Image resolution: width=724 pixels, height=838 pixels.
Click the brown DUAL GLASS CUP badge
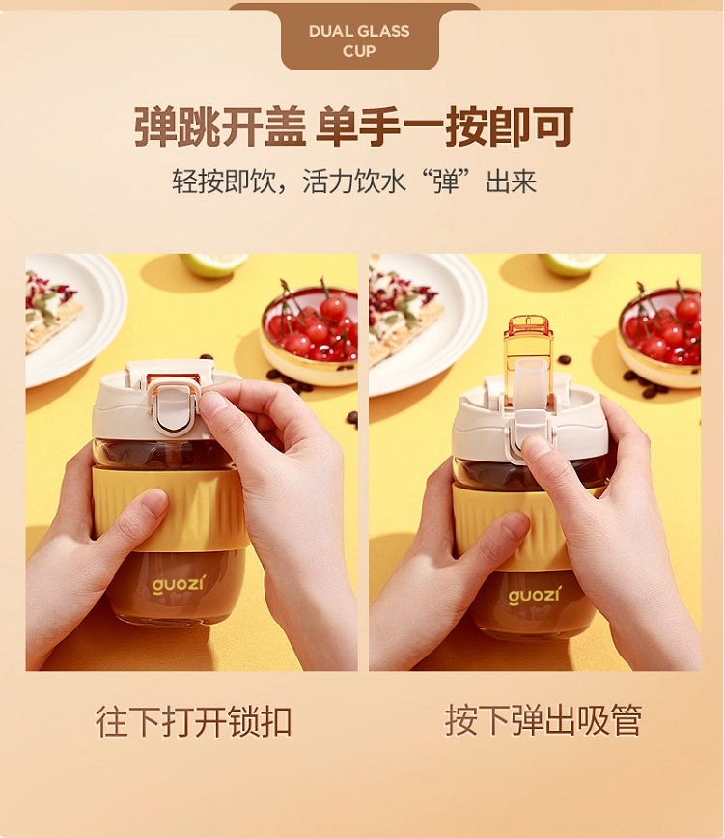(360, 40)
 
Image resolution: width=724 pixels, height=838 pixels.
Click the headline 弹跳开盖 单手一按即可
(353, 127)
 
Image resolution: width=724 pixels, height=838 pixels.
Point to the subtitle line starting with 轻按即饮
(353, 182)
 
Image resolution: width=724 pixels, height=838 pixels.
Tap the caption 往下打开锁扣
(193, 721)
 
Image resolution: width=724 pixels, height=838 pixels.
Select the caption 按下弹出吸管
(543, 721)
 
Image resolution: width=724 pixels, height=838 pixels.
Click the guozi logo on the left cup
(178, 583)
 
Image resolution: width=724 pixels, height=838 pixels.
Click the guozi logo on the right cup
(534, 595)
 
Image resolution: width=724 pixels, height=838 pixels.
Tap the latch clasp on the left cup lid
(173, 406)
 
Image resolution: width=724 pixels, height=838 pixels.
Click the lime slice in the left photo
(213, 265)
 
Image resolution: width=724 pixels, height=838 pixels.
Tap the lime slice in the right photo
(571, 264)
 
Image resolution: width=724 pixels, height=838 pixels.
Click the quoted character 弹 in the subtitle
(447, 182)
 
